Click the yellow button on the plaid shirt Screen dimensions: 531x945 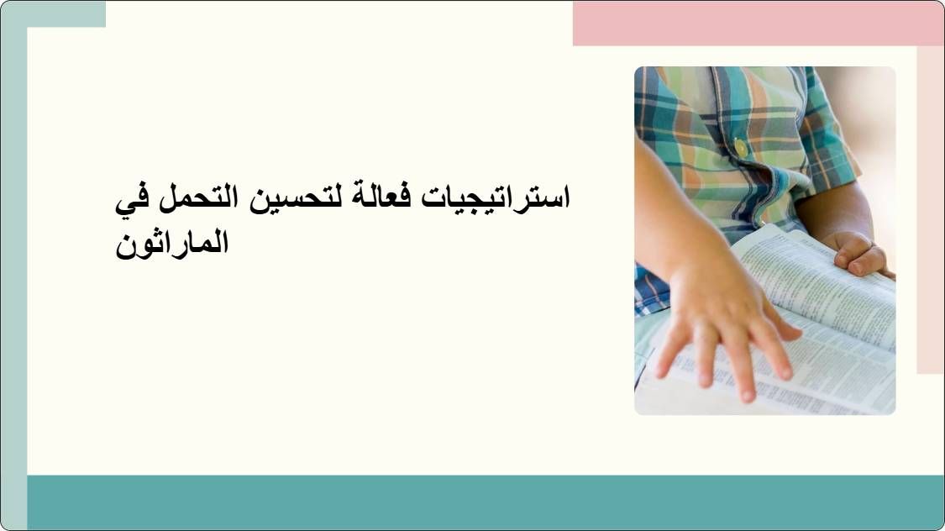tap(741, 148)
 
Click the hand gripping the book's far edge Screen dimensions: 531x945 tap(857, 252)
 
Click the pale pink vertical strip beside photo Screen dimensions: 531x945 tap(930, 210)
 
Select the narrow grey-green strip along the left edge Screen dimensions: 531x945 tap(13, 277)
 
